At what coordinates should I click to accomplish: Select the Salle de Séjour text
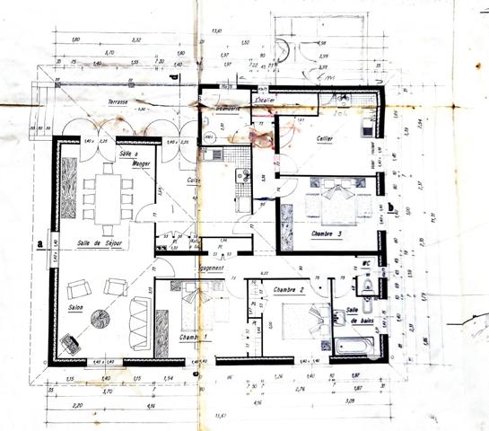coord(100,243)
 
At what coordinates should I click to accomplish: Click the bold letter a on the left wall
coord(40,242)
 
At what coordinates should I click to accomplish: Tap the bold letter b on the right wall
coord(396,203)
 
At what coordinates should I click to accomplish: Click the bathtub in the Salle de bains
coord(357,344)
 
